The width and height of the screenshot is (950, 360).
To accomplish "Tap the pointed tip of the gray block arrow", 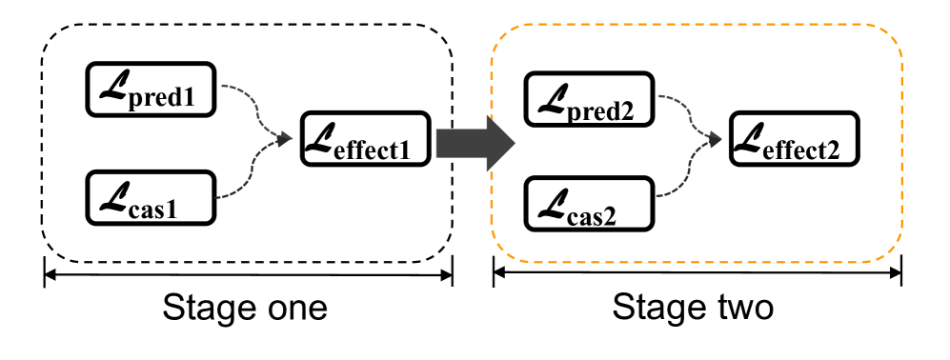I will pos(514,143).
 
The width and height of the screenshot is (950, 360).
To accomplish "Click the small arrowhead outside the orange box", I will pos(285,139).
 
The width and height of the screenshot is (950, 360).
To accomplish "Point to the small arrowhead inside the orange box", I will pos(715,140).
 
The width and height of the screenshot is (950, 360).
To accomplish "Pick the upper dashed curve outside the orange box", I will pos(251,102).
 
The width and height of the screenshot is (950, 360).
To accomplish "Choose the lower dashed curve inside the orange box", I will pos(688,172).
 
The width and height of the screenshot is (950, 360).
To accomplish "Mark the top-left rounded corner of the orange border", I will pos(502,35).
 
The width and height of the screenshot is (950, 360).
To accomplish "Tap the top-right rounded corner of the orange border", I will pos(891,36).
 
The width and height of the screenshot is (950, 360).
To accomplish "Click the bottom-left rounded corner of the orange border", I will pos(502,250).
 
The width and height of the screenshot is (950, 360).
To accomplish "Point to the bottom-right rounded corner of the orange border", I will pos(891,250).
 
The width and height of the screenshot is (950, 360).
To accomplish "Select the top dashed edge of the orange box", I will pos(696,25).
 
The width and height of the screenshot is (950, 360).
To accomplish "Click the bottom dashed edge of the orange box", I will pos(696,262).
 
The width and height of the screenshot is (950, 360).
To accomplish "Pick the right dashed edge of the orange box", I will pos(901,143).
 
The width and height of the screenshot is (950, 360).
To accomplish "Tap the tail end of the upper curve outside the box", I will pos(222,86).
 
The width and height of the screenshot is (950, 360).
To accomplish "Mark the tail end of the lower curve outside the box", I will pos(215,198).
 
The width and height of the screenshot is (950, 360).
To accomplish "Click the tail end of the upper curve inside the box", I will pos(658,95).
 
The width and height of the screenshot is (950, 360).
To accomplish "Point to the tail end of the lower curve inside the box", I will pos(657,196).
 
